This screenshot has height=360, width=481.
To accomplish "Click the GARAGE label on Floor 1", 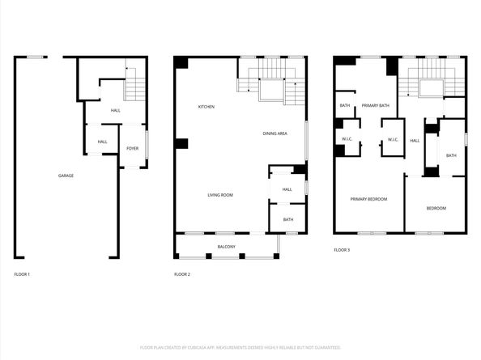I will tap(66, 176).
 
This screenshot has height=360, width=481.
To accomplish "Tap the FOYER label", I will tap(132, 149).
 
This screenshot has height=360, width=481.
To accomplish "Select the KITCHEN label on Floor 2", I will tap(206, 107).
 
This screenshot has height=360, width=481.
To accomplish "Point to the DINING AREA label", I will tap(275, 133).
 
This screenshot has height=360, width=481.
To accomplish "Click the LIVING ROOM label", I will tap(220, 195).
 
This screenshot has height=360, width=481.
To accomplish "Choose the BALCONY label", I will tap(227, 247).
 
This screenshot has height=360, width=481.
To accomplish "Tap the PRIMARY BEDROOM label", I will tap(368, 199).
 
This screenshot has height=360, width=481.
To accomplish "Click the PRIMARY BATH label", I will tap(376, 105).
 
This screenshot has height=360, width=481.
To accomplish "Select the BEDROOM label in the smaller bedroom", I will tap(436, 209).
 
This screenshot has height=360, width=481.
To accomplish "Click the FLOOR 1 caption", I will tap(23, 275).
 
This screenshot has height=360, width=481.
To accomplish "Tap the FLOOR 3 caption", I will tap(342, 250).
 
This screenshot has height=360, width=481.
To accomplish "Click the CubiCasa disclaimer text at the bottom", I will tap(240, 347).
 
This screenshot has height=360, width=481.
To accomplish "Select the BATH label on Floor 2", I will tap(288, 219).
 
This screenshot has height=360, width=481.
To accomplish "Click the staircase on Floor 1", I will tap(135, 82).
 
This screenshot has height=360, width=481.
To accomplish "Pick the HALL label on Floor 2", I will tap(287, 190).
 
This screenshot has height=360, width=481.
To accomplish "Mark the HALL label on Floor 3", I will tap(415, 141).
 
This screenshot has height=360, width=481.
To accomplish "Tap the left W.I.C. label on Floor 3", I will tap(346, 140).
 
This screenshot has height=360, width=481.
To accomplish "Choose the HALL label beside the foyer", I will tap(103, 142).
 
